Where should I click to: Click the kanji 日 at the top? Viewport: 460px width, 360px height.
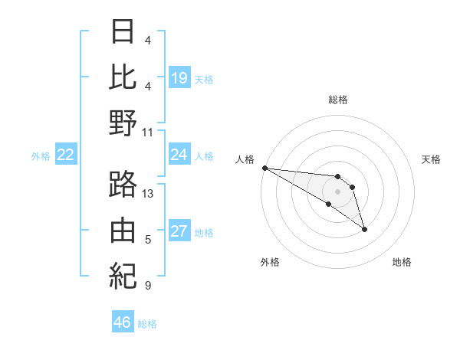[x=123, y=32]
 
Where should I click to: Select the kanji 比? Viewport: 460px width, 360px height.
[x=123, y=77]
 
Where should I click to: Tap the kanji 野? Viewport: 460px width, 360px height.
[x=123, y=123]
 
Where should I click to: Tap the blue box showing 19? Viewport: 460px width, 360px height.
[x=179, y=77]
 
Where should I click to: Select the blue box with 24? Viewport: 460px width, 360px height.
[x=179, y=155]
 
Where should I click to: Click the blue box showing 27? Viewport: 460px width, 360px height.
[x=179, y=232]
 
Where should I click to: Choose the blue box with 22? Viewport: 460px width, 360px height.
[x=66, y=155]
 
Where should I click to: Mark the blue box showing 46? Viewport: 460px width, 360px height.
[x=123, y=322]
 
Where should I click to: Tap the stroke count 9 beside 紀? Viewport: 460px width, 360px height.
[x=147, y=286]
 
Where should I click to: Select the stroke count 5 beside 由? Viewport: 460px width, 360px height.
[x=147, y=240]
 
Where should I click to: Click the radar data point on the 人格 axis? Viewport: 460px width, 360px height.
[x=264, y=168]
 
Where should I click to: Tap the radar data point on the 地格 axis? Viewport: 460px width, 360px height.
[x=364, y=229]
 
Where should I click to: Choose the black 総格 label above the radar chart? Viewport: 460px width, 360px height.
[x=337, y=100]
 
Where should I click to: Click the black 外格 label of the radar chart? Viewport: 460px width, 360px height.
[x=270, y=262]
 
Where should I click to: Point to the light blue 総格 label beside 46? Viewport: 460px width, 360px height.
[x=148, y=323]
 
